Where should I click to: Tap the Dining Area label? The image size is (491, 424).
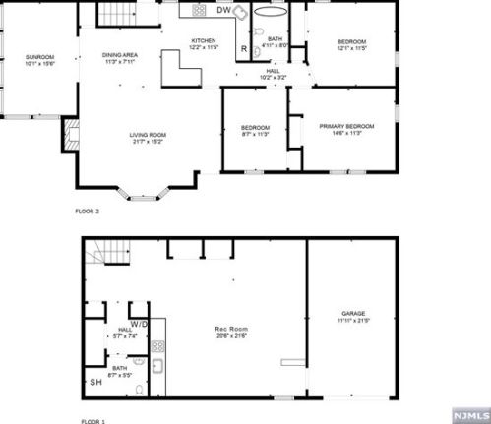pos(127,59)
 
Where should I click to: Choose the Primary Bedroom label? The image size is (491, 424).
pos(346,129)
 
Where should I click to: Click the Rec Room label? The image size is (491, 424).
pos(231,333)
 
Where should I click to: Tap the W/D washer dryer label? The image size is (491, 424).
pos(139,323)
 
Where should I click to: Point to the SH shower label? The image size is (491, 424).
pos(95,382)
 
